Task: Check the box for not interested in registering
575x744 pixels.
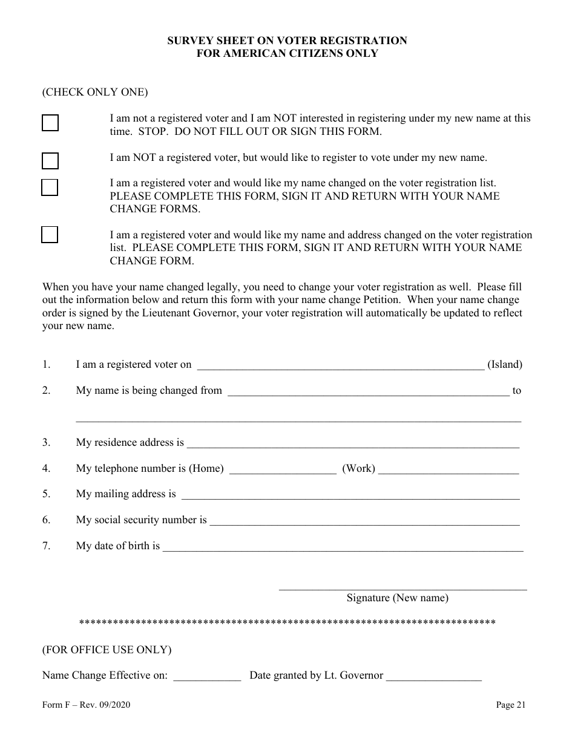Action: pos(50,123)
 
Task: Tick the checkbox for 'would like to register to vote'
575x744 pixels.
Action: pos(50,161)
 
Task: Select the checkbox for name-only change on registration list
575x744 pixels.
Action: pos(50,188)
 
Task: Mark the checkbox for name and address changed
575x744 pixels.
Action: pos(50,235)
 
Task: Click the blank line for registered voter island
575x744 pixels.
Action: pos(340,365)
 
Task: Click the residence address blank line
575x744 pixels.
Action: pos(353,443)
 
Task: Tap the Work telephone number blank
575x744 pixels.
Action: pos(448,469)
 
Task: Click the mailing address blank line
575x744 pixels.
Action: pos(350,495)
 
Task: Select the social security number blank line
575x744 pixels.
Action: pos(364,521)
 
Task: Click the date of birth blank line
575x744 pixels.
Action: pos(343,547)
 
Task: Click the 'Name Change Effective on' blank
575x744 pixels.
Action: pos(207,677)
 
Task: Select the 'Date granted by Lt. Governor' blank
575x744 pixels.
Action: pos(433,677)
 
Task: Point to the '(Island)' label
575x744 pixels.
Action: pos(505,365)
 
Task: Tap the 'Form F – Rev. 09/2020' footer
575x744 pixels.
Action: pos(86,705)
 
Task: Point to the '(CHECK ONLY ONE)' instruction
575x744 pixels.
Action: pos(95,93)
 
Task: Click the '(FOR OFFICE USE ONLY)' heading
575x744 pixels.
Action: pos(107,650)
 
